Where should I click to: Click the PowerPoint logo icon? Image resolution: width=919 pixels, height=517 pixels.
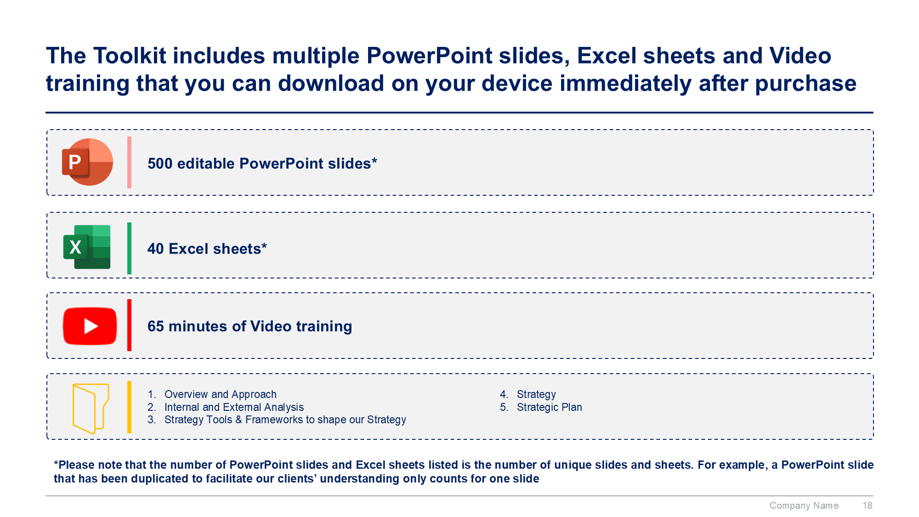87,162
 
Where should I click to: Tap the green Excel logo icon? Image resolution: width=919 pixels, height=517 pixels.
87,247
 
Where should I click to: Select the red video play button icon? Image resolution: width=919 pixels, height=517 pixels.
90,326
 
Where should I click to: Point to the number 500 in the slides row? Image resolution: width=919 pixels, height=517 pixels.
160,164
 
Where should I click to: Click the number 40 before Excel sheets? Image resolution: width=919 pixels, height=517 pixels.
156,249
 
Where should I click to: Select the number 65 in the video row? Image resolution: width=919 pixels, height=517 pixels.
156,326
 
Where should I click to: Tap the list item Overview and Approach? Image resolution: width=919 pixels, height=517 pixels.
221,394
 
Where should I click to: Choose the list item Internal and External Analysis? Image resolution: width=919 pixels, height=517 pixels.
234,407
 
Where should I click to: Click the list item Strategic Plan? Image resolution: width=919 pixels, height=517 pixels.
550,407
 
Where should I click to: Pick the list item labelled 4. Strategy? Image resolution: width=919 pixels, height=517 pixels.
528,394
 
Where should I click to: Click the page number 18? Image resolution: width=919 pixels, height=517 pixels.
868,506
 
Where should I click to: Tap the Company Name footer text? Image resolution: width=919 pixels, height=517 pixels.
804,506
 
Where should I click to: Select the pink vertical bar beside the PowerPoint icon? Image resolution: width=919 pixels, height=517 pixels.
129,162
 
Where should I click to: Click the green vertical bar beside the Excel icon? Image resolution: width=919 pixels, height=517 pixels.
129,248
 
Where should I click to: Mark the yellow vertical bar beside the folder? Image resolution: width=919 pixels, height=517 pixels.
129,407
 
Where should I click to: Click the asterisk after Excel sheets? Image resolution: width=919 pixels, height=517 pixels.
264,246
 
